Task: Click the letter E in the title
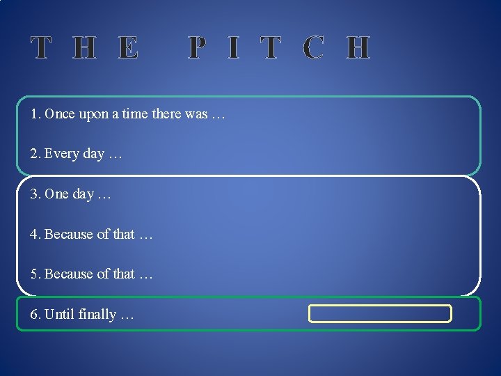coord(127,48)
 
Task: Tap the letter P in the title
coord(197,48)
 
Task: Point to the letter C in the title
coord(313,48)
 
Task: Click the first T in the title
coord(41,48)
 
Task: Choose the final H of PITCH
coord(358,48)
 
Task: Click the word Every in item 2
coord(61,154)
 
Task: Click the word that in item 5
coord(123,274)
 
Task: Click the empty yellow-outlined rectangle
coord(381,313)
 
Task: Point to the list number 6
coord(34,314)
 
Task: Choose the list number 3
coord(34,194)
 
